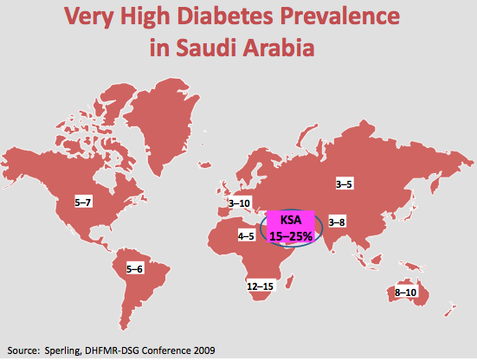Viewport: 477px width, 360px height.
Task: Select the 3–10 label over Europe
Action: (240, 203)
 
